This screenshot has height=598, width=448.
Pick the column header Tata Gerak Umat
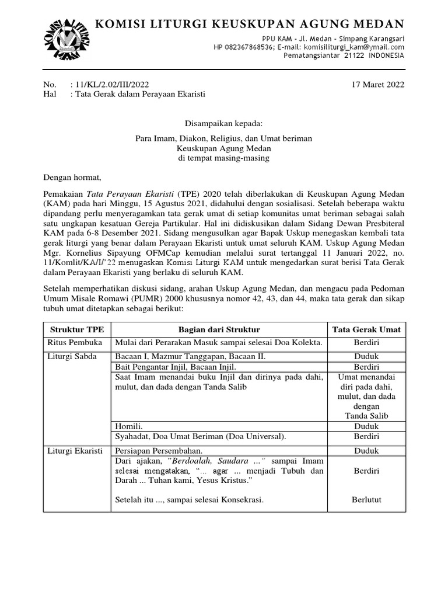(366, 329)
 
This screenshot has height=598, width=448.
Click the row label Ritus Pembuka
(69, 342)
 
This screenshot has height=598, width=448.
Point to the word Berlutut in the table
(366, 499)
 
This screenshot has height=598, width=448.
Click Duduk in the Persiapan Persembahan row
(366, 451)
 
